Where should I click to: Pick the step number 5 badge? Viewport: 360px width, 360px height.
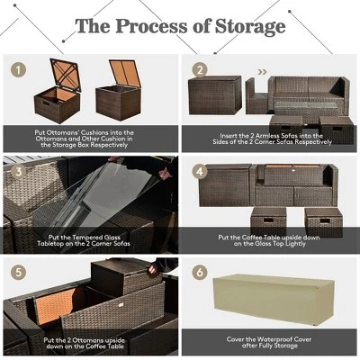coord(15,271)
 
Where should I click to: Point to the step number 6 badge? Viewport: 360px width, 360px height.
coord(200,271)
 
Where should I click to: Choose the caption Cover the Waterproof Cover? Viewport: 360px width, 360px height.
coord(271,343)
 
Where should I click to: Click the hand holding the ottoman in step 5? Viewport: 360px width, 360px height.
coord(153,268)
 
